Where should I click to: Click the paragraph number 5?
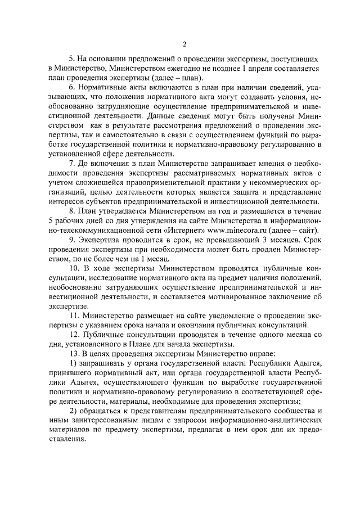tap(71, 58)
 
